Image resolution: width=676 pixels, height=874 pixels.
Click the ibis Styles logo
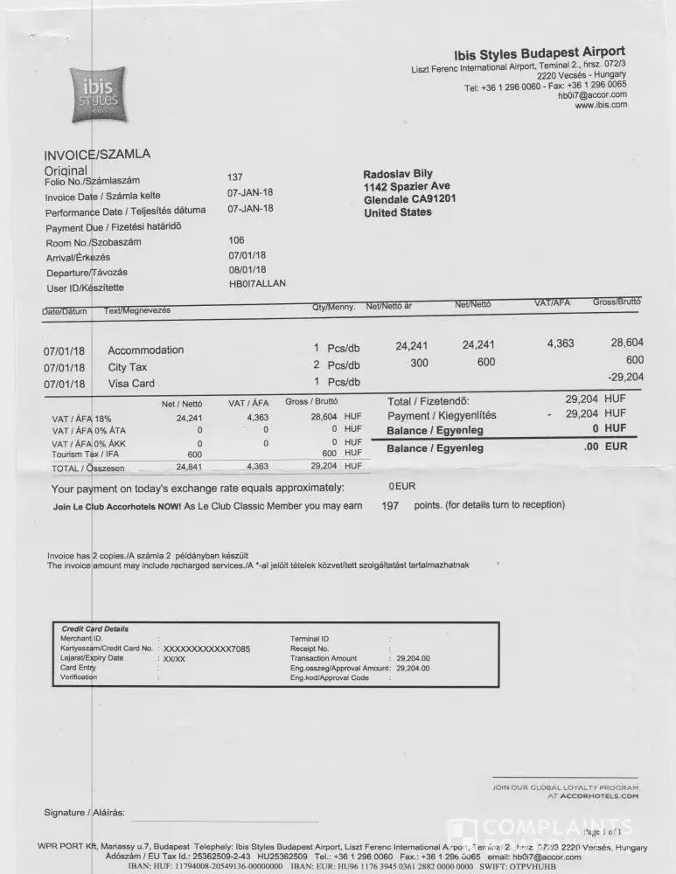pos(97,96)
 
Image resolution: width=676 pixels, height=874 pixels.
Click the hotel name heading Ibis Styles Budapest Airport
pos(540,53)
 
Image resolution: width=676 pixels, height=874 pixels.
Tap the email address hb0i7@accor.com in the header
pos(592,95)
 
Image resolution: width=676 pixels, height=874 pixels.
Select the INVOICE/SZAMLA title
pos(97,155)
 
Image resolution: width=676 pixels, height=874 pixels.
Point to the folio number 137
pos(234,177)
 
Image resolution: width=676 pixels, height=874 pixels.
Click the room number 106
pos(236,240)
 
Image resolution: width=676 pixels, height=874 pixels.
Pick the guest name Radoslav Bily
pos(398,175)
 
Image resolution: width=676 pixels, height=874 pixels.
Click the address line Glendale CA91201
pos(409,199)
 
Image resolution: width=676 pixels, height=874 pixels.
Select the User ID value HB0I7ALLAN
pos(257,284)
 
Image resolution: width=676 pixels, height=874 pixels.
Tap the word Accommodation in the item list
pos(146,350)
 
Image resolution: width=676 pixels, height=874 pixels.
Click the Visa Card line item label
pos(131,384)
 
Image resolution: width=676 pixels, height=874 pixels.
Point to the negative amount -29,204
pos(624,377)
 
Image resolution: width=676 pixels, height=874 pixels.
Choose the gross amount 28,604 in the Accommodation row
pos(627,343)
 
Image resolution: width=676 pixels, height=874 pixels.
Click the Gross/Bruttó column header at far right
pos(617,302)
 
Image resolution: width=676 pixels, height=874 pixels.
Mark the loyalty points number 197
pos(391,505)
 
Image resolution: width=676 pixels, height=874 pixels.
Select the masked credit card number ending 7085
pos(206,649)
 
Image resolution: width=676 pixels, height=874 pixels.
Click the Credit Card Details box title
pos(94,629)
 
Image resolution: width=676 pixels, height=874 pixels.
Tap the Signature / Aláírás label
pos(85,814)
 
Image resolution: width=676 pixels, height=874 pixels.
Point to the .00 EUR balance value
pos(605,447)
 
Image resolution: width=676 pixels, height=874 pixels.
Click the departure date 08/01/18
pos(247,270)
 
